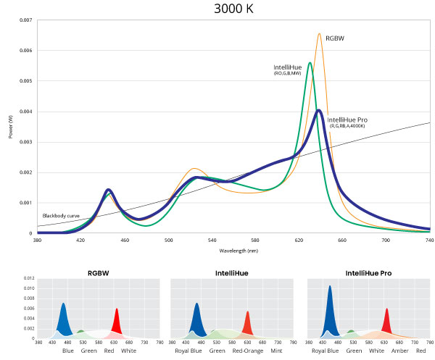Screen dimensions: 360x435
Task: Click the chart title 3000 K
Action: tap(235, 9)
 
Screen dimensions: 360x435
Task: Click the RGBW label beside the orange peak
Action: tap(334, 38)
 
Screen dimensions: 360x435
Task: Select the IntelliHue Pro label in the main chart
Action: tap(347, 120)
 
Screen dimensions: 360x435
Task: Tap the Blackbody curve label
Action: tap(62, 216)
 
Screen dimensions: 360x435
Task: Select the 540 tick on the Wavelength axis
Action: tap(212, 240)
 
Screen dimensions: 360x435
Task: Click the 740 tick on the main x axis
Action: tap(429, 240)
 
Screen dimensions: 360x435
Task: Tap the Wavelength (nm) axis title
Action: tap(239, 250)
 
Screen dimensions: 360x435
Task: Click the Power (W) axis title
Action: tap(11, 127)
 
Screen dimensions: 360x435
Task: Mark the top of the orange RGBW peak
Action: tap(319, 34)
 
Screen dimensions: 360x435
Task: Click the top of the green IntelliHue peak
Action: tap(310, 63)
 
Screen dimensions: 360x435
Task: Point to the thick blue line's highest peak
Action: tap(319, 111)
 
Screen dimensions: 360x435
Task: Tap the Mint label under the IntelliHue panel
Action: tap(276, 351)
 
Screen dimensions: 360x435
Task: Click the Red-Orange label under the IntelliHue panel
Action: tap(247, 351)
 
